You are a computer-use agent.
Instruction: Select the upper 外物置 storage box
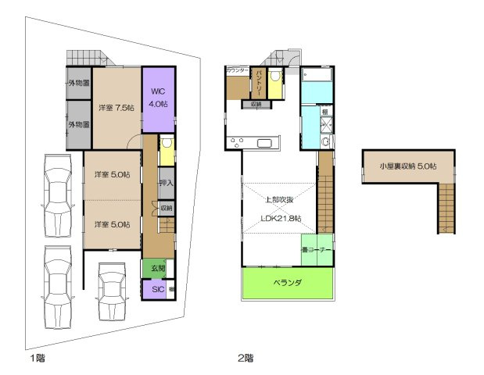coord(78,83)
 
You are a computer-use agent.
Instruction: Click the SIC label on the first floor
coord(157,288)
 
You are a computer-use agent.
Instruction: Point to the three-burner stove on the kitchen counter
coord(237,142)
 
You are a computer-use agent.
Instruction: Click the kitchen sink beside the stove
coord(264,142)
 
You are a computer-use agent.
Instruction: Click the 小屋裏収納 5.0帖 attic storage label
coord(407,166)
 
